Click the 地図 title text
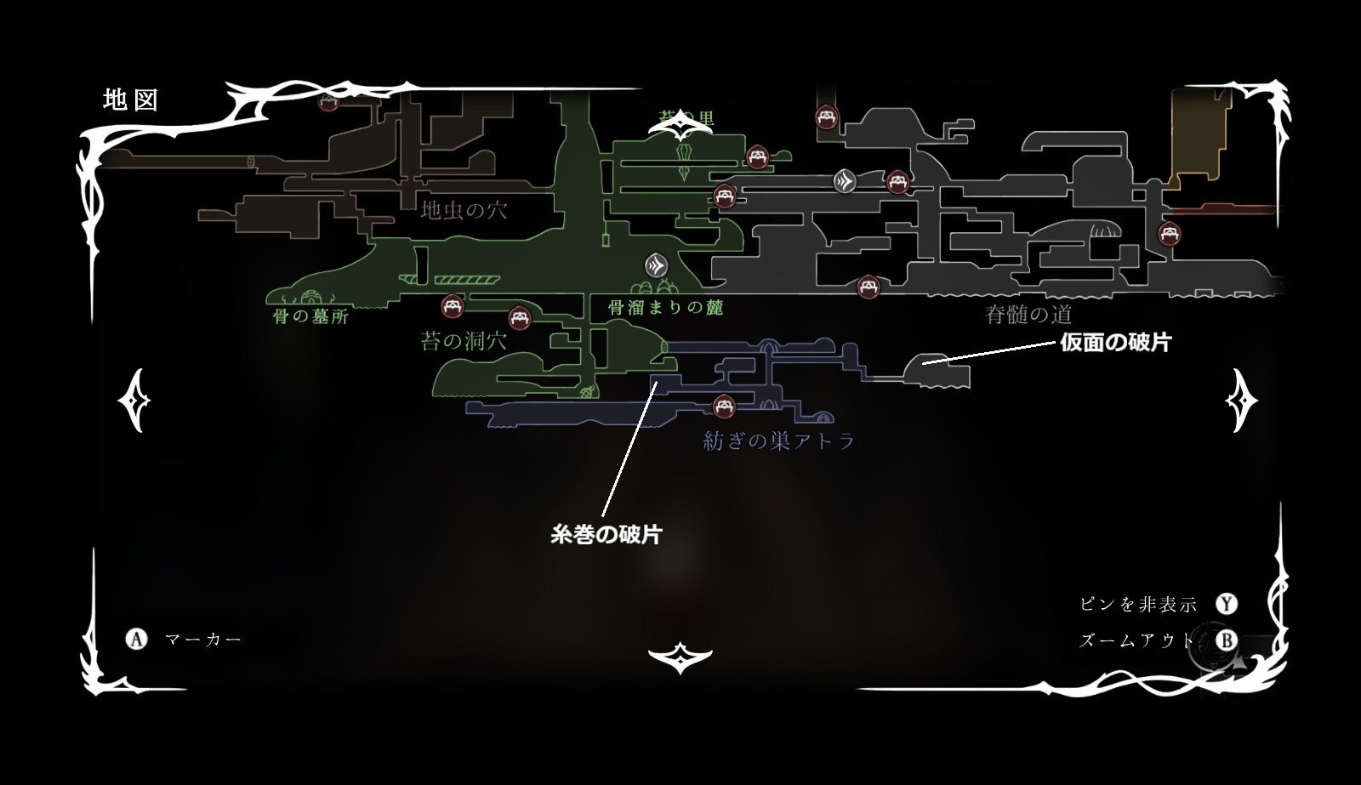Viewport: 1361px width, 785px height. pyautogui.click(x=131, y=100)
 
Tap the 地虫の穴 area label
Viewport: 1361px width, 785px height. pyautogui.click(x=464, y=209)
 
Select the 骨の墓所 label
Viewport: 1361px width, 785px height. pyautogui.click(x=310, y=317)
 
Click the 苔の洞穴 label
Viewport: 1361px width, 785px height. pyautogui.click(x=464, y=342)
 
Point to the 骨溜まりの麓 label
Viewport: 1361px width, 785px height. pyautogui.click(x=666, y=307)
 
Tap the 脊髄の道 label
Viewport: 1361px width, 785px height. pyautogui.click(x=1028, y=315)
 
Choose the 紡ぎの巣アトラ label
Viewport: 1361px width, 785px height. pyautogui.click(x=778, y=441)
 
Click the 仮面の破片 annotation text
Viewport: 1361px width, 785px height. pyautogui.click(x=1115, y=342)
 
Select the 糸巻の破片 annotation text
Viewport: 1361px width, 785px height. pyautogui.click(x=606, y=534)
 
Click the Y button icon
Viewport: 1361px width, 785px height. pyautogui.click(x=1226, y=604)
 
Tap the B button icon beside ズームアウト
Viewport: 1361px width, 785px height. pyautogui.click(x=1226, y=640)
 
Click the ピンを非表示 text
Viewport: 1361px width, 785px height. pyautogui.click(x=1138, y=604)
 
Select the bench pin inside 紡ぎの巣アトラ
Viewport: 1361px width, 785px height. pyautogui.click(x=724, y=407)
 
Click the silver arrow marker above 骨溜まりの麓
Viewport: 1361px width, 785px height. pyautogui.click(x=656, y=266)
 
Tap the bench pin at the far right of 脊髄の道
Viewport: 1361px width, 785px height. pyautogui.click(x=1170, y=233)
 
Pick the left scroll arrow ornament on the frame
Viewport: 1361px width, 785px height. pyautogui.click(x=134, y=400)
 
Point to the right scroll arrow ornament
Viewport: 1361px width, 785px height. pyautogui.click(x=1241, y=400)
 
